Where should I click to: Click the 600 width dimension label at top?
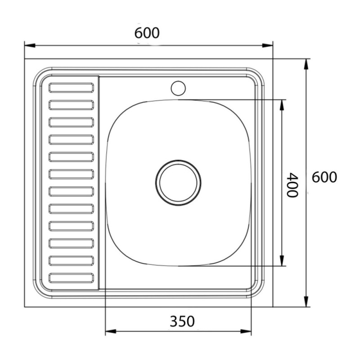pyautogui.click(x=147, y=33)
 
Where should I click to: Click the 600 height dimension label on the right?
pyautogui.click(x=324, y=177)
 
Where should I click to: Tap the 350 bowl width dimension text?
pyautogui.click(x=182, y=321)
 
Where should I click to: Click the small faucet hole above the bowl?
pyautogui.click(x=178, y=88)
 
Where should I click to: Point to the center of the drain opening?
pyautogui.click(x=178, y=183)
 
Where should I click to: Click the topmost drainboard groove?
pyautogui.click(x=71, y=88)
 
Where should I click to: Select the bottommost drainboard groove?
pyautogui.click(x=71, y=278)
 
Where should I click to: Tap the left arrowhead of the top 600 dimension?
pyautogui.click(x=30, y=45)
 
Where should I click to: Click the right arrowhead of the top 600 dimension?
pyautogui.click(x=267, y=45)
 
